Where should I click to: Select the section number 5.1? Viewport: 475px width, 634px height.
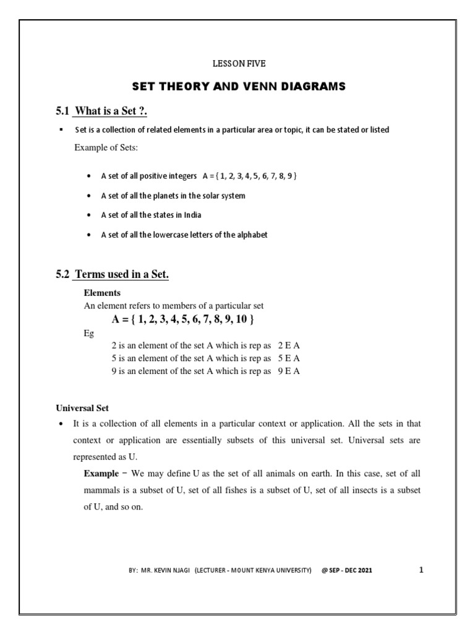63,111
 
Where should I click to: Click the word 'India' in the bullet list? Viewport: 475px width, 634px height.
191,215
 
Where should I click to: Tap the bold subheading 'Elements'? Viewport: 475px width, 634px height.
102,293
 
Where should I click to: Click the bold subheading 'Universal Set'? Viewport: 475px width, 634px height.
82,409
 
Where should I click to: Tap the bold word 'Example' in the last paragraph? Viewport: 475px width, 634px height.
101,474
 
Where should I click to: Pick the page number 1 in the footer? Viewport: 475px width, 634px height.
421,570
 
